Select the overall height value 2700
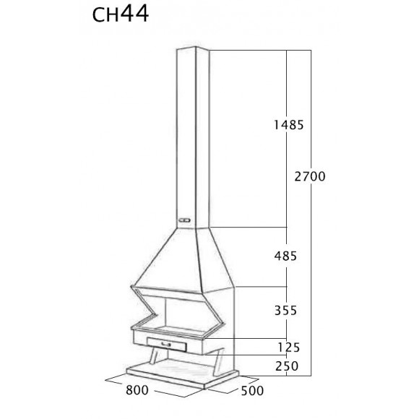(x=311, y=176)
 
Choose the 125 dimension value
(x=288, y=347)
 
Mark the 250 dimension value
(x=287, y=366)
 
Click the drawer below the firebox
(x=166, y=345)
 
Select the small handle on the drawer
(x=166, y=345)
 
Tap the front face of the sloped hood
(x=166, y=256)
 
